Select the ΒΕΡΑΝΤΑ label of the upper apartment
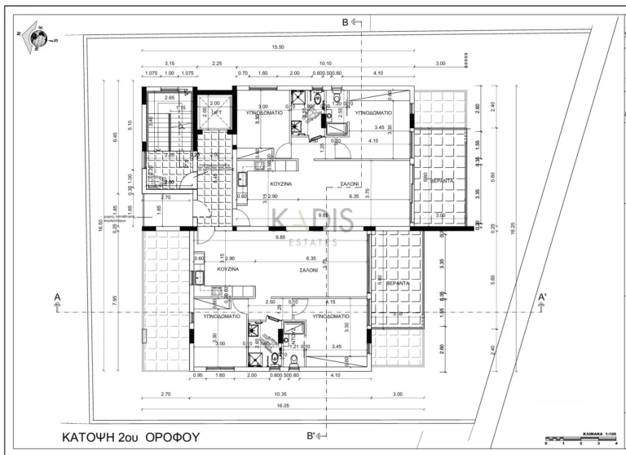point(442,180)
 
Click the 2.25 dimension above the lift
point(218,63)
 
